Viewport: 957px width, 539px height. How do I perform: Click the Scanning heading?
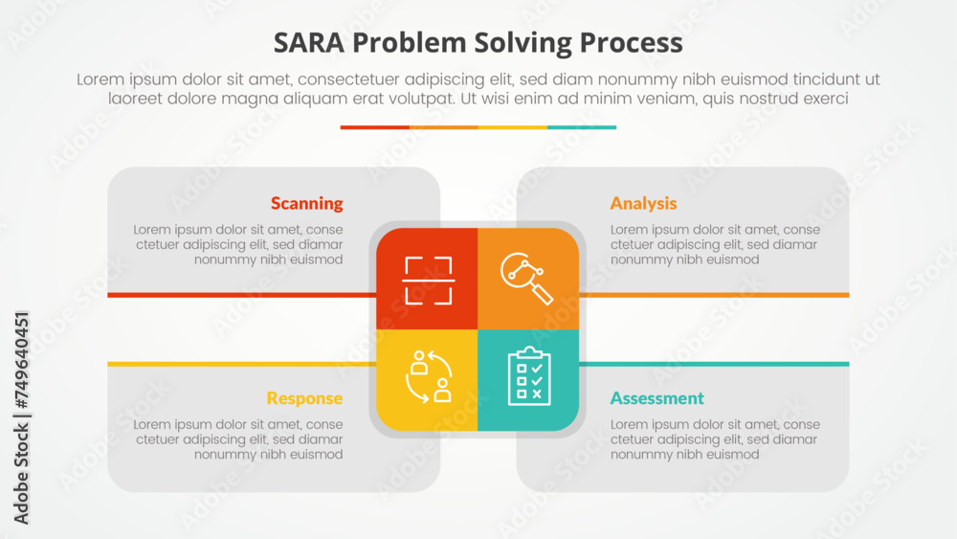[306, 203]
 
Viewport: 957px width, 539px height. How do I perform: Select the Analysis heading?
[643, 203]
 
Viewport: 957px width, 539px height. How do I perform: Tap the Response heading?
[304, 398]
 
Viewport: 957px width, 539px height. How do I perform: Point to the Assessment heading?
[657, 398]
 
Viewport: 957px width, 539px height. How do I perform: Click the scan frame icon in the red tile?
[427, 280]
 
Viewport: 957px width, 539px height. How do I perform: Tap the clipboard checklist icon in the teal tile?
[528, 376]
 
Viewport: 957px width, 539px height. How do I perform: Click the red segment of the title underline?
[374, 127]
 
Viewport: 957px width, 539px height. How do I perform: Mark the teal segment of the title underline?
[582, 127]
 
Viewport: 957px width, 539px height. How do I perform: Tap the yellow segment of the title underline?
[513, 127]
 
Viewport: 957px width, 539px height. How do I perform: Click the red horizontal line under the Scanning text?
[239, 295]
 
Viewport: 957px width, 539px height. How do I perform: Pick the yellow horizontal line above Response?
[239, 364]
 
